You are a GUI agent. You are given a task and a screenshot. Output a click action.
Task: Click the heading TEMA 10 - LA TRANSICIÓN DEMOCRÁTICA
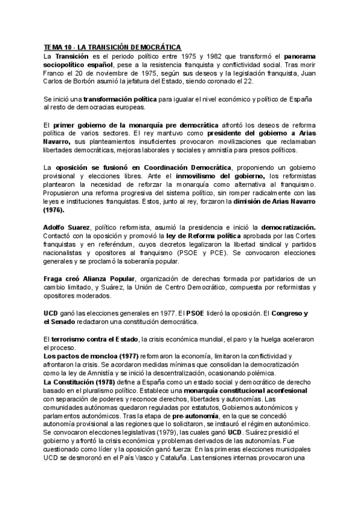click(112, 47)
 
